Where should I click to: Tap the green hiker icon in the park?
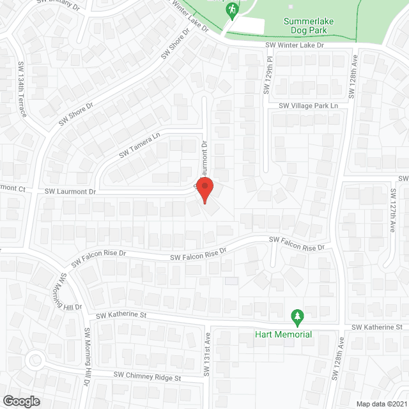tap(232, 9)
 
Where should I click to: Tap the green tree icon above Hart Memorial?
tap(297, 316)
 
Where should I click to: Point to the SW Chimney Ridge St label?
tap(148, 376)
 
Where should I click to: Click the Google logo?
tap(20, 401)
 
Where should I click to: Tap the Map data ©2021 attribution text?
tap(380, 403)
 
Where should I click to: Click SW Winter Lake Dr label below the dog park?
tap(296, 45)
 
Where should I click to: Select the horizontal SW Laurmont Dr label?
tap(70, 191)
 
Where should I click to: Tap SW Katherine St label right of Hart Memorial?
tap(380, 327)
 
